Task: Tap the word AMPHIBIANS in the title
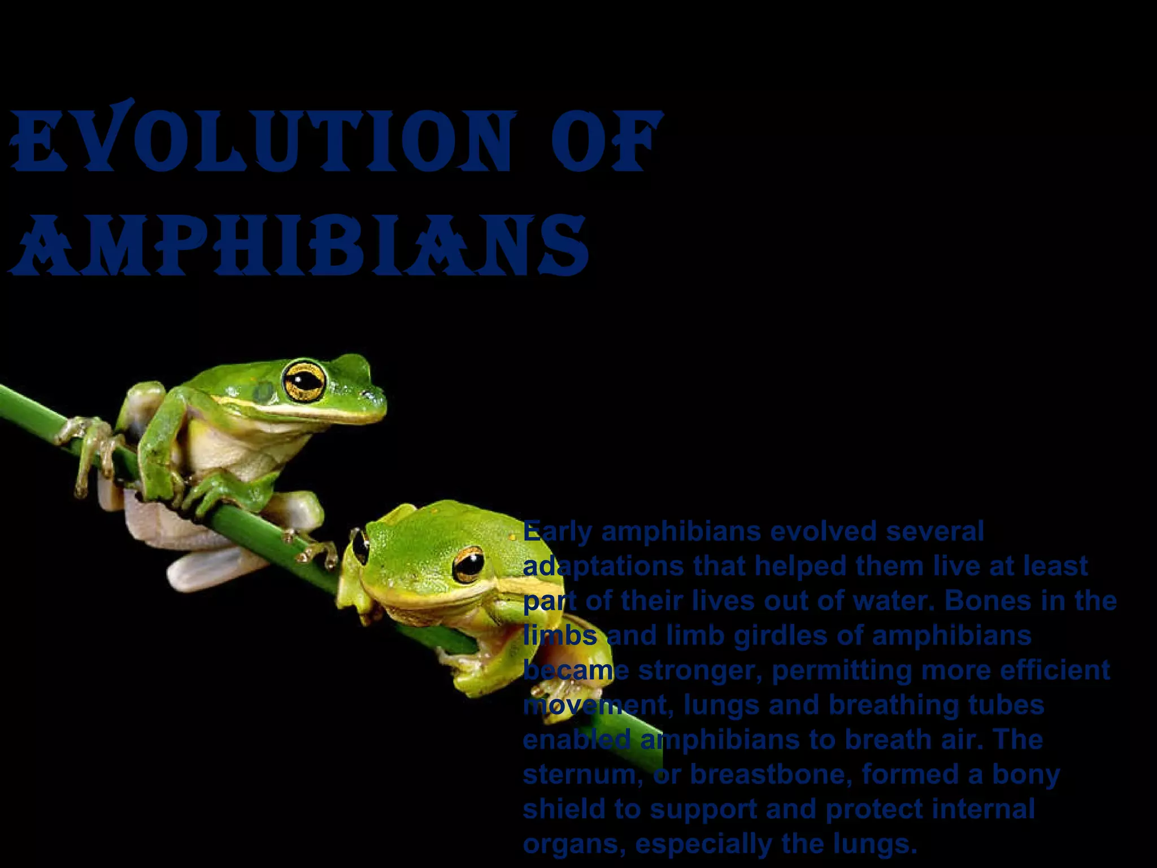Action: tap(299, 246)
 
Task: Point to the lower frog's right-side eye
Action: tap(468, 564)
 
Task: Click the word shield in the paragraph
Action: tap(563, 809)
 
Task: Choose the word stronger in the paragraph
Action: tap(700, 671)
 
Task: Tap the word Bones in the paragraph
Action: tap(981, 601)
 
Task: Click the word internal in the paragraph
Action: tap(984, 809)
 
